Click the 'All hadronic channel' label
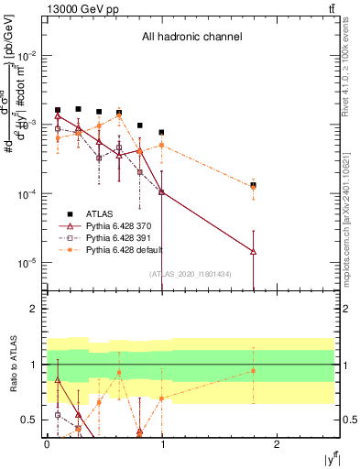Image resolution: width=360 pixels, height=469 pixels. click(x=191, y=38)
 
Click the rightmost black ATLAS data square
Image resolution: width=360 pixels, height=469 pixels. click(x=253, y=185)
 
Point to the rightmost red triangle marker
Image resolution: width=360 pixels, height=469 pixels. click(x=253, y=251)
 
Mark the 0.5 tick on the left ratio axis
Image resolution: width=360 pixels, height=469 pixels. click(x=33, y=420)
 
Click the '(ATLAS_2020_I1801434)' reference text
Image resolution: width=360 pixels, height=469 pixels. click(x=191, y=274)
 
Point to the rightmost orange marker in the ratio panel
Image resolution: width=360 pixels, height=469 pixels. click(x=253, y=371)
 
